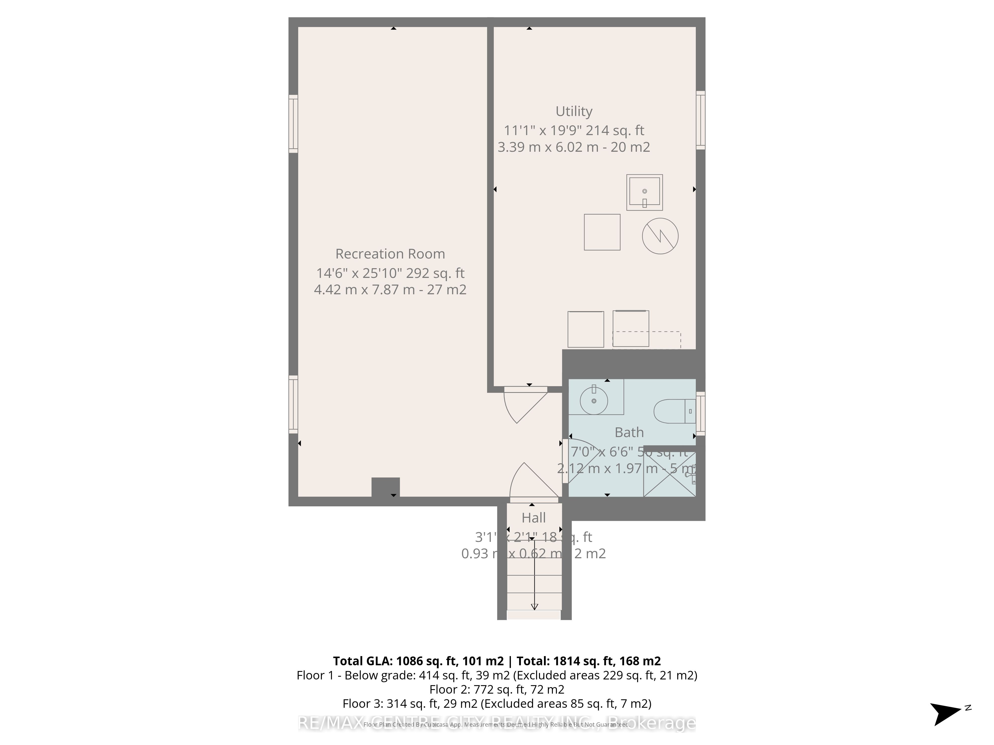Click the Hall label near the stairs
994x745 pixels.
pyautogui.click(x=533, y=518)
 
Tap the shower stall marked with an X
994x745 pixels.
pyautogui.click(x=669, y=474)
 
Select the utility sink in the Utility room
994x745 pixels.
pyautogui.click(x=644, y=192)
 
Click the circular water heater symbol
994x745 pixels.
pyautogui.click(x=660, y=236)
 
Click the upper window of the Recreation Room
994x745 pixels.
pyautogui.click(x=293, y=124)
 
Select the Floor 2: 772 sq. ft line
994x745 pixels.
pyautogui.click(x=497, y=689)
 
